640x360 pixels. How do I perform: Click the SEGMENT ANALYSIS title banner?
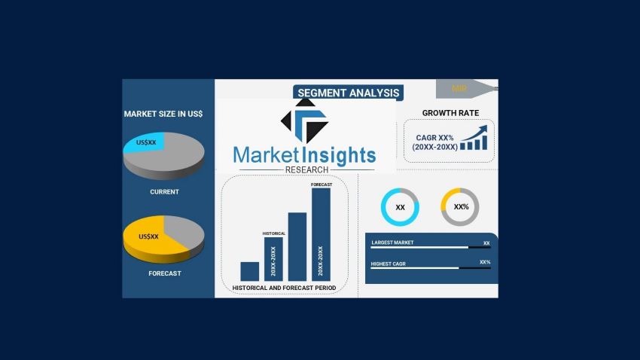348,93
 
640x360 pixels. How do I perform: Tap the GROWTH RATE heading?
450,113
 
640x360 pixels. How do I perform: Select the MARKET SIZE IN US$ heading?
163,114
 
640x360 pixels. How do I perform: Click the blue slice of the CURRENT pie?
145,142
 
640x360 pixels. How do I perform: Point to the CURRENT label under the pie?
164,192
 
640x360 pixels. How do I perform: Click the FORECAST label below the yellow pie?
165,273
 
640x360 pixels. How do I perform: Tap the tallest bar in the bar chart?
321,234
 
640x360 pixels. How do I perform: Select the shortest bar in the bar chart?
250,271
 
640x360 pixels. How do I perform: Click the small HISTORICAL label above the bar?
274,233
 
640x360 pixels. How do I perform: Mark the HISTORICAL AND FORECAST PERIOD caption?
284,288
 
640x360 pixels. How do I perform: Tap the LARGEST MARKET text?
392,243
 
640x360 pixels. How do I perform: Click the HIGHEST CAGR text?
389,264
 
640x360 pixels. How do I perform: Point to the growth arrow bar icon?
474,138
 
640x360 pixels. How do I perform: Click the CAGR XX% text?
434,138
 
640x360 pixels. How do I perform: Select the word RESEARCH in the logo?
306,169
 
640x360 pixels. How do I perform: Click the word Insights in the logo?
338,155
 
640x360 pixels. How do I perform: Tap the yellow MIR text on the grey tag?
459,89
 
